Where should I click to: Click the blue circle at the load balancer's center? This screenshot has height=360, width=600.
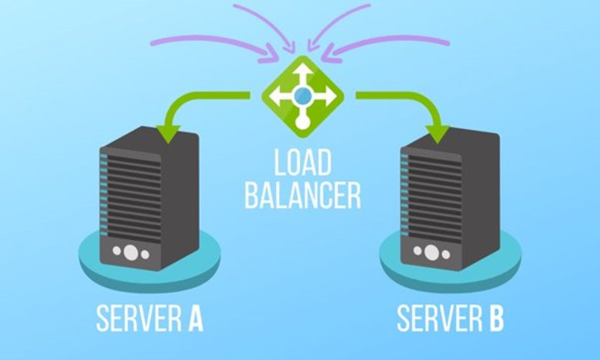coord(302,94)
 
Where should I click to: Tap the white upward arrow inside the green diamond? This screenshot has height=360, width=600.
coord(303,72)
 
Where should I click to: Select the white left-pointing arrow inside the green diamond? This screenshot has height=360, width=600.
coord(279,95)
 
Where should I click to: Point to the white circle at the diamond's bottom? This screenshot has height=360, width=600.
coord(302,123)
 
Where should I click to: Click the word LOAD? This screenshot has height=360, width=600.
coord(302,164)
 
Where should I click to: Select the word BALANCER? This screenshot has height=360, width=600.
coord(302,197)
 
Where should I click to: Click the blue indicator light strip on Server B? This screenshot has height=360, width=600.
coord(404,189)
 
